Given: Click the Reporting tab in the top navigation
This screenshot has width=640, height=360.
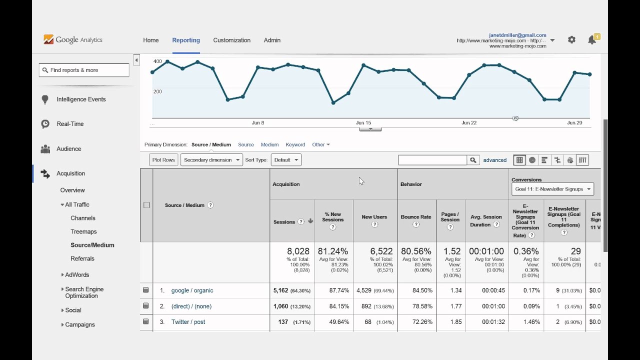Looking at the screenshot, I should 186,40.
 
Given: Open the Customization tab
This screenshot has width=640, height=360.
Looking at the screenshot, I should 231,40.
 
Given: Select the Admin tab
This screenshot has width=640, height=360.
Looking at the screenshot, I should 272,40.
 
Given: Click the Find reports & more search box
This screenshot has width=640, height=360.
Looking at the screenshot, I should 84,70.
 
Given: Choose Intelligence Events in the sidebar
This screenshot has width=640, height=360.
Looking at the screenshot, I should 81,99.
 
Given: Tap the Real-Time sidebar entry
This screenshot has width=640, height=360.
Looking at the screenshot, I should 70,124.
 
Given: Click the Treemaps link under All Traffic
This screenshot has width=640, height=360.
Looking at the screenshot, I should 83,232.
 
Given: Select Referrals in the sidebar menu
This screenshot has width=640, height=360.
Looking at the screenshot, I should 82,259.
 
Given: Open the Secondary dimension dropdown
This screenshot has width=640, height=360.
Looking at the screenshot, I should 211,160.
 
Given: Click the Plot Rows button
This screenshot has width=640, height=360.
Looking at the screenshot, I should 163,160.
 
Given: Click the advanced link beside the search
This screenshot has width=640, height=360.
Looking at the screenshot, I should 495,160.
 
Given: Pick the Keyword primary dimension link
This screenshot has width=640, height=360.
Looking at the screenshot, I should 295,145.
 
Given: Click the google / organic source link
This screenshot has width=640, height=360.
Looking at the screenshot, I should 192,290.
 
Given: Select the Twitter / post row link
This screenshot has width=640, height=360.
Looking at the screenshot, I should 188,322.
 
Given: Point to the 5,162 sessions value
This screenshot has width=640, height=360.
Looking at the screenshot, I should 281,290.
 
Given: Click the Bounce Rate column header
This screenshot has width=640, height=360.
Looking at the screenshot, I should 415,217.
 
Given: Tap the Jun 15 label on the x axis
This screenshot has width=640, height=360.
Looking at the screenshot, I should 363,123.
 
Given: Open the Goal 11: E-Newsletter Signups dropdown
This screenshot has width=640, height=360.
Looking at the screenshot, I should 552,189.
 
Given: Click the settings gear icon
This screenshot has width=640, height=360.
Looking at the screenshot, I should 571,40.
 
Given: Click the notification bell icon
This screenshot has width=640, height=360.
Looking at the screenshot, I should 592,40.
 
